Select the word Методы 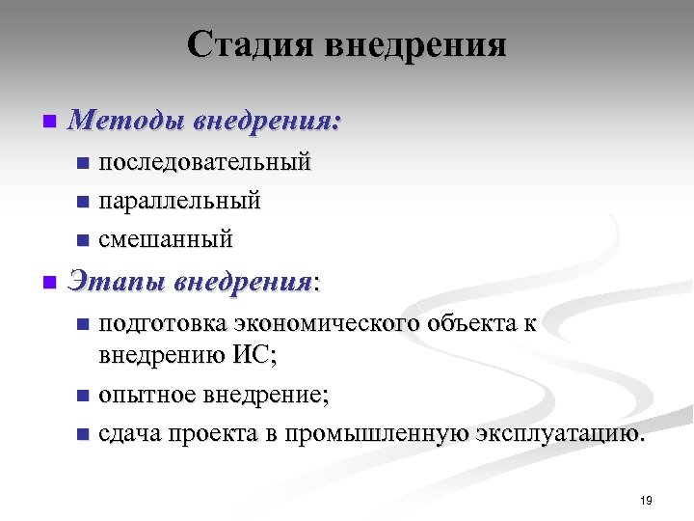tap(126, 123)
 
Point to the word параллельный tap(179, 201)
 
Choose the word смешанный tap(166, 238)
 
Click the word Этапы tap(118, 283)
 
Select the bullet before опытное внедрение tap(82, 396)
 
